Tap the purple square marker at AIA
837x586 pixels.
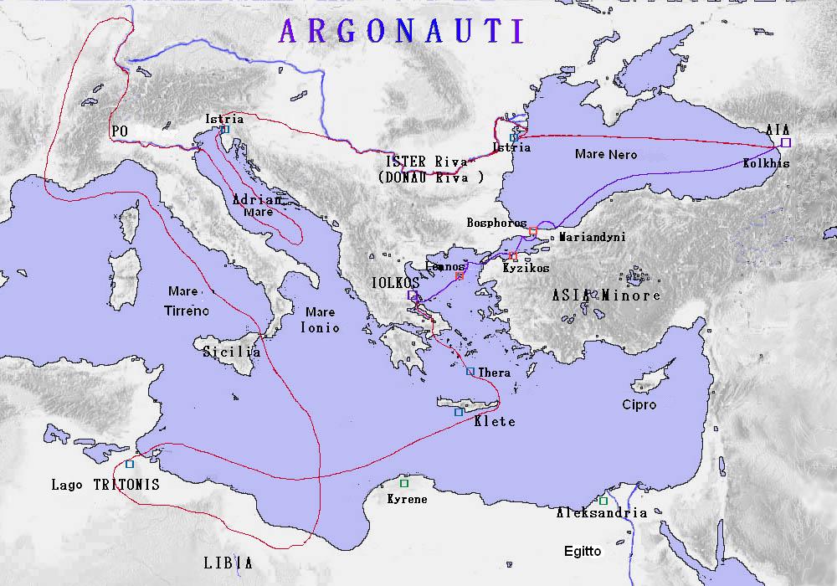pyautogui.click(x=784, y=143)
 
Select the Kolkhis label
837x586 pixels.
pyautogui.click(x=766, y=163)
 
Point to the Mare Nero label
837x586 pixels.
pyautogui.click(x=606, y=154)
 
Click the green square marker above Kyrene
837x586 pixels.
pyautogui.click(x=404, y=483)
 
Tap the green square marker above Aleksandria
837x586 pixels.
pyautogui.click(x=603, y=501)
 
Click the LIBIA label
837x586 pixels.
pyautogui.click(x=228, y=563)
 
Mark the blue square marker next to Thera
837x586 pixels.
pyautogui.click(x=470, y=372)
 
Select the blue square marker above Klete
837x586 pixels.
pyautogui.click(x=458, y=412)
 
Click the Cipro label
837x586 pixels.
pyautogui.click(x=639, y=404)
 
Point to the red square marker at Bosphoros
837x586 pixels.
pyautogui.click(x=533, y=231)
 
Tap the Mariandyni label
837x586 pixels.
pyautogui.click(x=592, y=237)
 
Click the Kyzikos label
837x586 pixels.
pyautogui.click(x=526, y=268)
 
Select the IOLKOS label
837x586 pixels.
pyautogui.click(x=395, y=283)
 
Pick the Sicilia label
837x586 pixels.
pyautogui.click(x=232, y=352)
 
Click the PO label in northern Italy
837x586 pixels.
pyautogui.click(x=118, y=131)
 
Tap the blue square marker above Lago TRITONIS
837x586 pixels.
pyautogui.click(x=130, y=464)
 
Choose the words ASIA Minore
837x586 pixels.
pyautogui.click(x=606, y=295)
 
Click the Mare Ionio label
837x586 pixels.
pyautogui.click(x=321, y=320)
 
